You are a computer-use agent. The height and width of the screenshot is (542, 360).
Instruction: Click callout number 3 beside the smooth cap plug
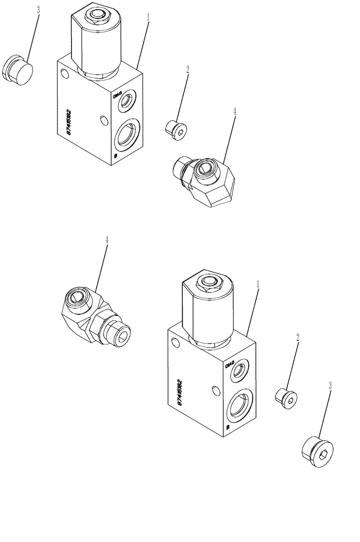pyautogui.click(x=38, y=10)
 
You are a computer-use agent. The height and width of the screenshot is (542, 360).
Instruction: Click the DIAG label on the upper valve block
pyautogui.click(x=117, y=94)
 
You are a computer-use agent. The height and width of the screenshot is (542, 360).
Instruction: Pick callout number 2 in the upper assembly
pyautogui.click(x=188, y=69)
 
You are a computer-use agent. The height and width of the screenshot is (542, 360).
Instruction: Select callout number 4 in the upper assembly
pyautogui.click(x=234, y=112)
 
